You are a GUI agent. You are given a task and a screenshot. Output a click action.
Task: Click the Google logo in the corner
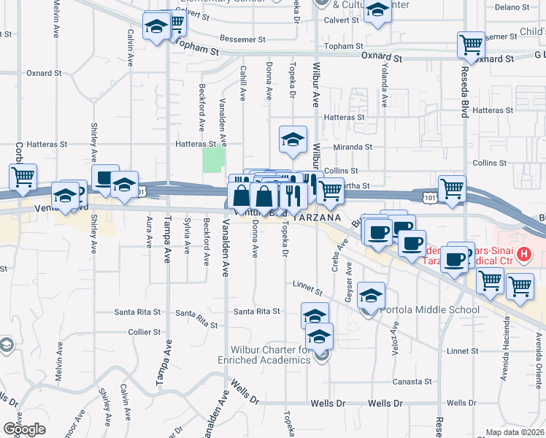24,429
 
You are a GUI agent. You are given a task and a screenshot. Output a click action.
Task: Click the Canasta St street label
412,382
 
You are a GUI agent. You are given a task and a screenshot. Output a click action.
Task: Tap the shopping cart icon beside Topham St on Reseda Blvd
471,45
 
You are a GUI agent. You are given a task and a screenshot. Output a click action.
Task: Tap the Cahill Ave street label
244,82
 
